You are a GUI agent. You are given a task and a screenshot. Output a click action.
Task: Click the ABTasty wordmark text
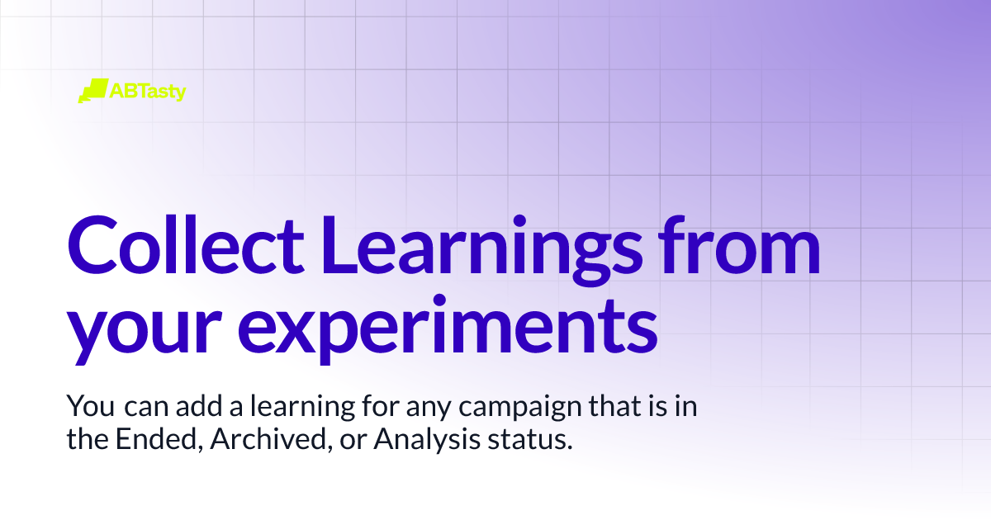coord(148,91)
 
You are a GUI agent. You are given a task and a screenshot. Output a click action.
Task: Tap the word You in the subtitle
coord(86,407)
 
